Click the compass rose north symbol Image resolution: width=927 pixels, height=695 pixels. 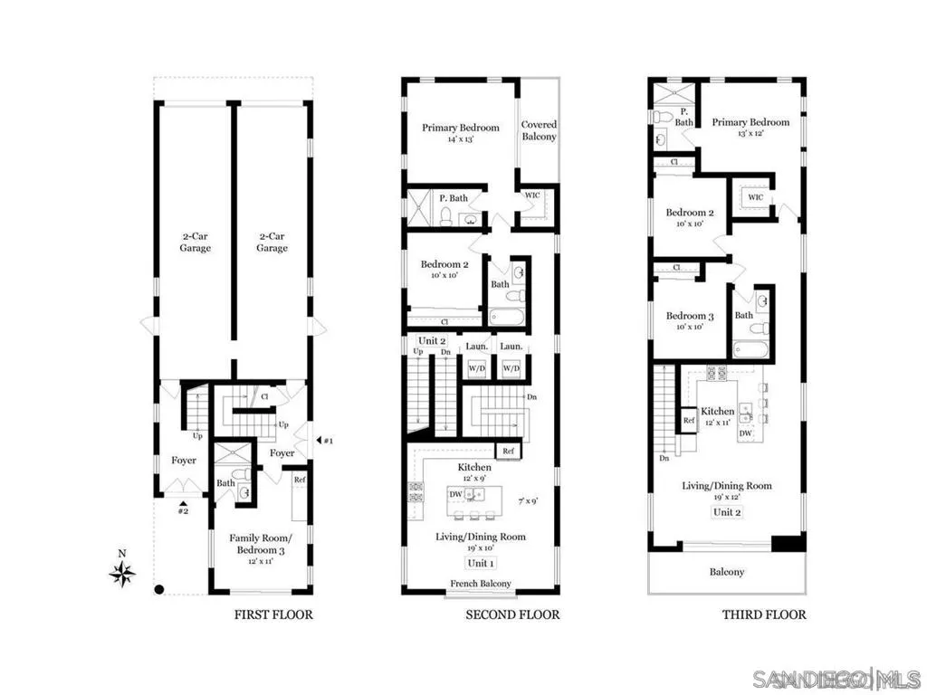click(123, 572)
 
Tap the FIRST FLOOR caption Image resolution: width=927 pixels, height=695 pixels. click(273, 615)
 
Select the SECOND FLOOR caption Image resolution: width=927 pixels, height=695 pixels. click(512, 615)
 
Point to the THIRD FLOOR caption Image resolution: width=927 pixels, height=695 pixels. click(763, 615)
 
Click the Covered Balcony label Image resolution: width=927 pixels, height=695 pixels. click(539, 130)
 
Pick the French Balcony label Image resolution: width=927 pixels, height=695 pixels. click(480, 584)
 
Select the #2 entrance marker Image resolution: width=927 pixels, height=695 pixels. click(183, 509)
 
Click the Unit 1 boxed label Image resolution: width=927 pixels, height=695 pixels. click(480, 563)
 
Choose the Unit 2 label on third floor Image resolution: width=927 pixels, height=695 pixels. click(726, 512)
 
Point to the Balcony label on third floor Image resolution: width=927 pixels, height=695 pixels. click(727, 572)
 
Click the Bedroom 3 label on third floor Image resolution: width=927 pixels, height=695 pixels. click(690, 316)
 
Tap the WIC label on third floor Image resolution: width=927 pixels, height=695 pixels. click(755, 196)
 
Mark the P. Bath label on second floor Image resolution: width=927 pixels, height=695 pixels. click(453, 197)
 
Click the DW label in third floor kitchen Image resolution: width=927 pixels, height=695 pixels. click(745, 433)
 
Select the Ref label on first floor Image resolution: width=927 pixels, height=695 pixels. click(299, 481)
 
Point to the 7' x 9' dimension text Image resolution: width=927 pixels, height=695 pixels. click(529, 500)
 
